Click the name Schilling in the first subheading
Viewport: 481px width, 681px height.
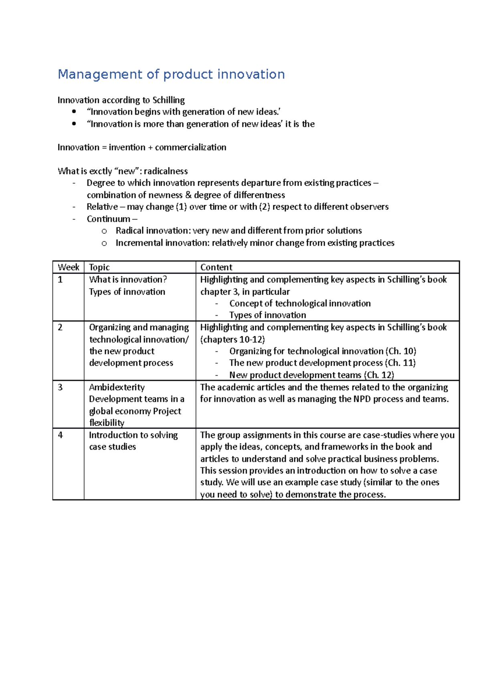pos(168,100)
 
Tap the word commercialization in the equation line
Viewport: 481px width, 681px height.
pos(190,148)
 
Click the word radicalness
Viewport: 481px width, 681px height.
pos(166,171)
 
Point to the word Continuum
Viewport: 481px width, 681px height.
pos(108,219)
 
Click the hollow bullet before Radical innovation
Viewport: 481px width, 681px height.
pos(104,231)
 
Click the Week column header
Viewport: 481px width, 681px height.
pos(69,268)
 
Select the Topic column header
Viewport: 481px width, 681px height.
pos(99,268)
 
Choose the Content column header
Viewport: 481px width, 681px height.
pos(216,268)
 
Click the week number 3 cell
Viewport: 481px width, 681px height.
pos(60,387)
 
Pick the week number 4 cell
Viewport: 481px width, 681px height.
pos(60,435)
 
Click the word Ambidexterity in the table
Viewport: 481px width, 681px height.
pos(117,387)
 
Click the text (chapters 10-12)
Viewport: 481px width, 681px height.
pos(232,340)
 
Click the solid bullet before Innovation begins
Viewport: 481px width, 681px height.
pos(74,112)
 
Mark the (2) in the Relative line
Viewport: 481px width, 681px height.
pos(265,207)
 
